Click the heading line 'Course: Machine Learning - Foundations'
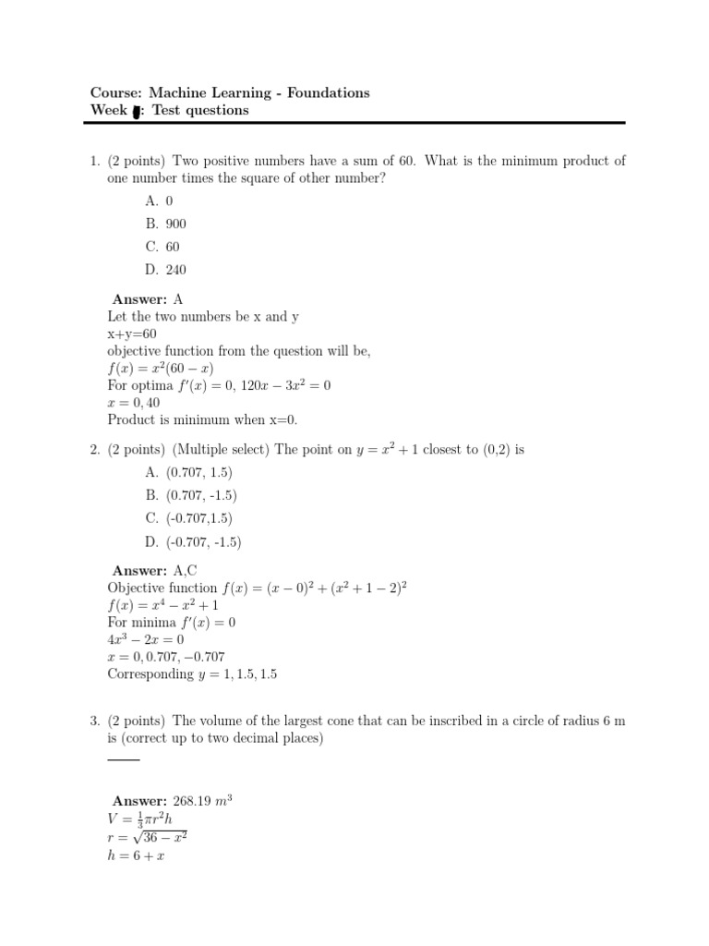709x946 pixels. click(229, 92)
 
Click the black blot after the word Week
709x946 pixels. click(137, 112)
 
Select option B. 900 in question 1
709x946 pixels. click(165, 224)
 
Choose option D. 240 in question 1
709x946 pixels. click(165, 270)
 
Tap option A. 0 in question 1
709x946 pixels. click(159, 200)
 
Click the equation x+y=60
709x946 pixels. click(132, 334)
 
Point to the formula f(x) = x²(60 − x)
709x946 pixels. click(161, 368)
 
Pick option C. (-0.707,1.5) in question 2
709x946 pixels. click(188, 518)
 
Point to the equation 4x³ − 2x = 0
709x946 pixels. click(146, 639)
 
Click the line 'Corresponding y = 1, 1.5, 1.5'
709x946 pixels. click(192, 673)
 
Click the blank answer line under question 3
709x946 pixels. click(124, 759)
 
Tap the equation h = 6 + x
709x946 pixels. click(138, 855)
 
